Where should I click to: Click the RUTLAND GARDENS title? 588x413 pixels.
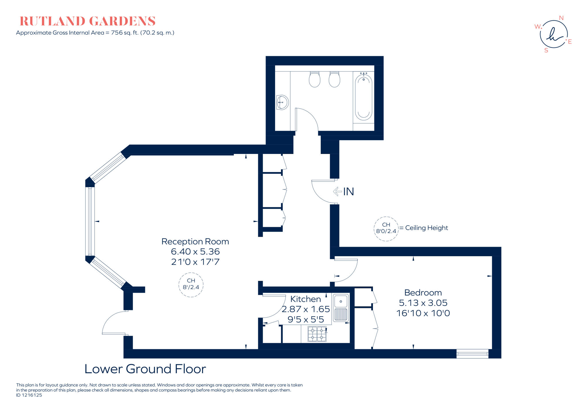88,21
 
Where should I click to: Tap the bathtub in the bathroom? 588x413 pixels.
363,97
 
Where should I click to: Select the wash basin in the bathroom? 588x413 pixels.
282,102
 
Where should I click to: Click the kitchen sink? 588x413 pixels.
341,307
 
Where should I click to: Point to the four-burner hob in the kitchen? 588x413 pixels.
317,334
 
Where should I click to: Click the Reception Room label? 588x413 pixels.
195,242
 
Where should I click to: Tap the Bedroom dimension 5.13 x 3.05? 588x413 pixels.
423,303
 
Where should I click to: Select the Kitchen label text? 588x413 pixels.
305,299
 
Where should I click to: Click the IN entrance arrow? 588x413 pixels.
337,191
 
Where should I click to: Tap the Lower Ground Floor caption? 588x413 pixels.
145,369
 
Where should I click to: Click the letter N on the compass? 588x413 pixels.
561,18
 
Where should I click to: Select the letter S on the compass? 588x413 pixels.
546,50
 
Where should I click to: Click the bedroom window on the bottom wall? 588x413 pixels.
472,354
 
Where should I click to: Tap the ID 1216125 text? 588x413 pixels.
29,395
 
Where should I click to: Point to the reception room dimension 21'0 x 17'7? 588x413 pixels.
195,262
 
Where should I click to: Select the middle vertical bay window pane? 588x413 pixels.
90,221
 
